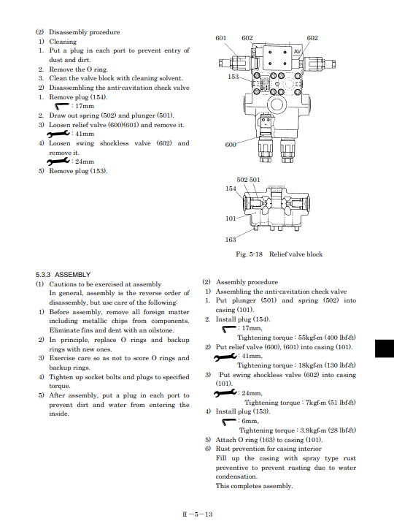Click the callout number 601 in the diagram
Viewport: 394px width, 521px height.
pyautogui.click(x=220, y=38)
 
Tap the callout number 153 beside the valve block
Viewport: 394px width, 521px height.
pyautogui.click(x=233, y=77)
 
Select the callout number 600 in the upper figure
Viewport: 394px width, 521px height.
pyautogui.click(x=231, y=145)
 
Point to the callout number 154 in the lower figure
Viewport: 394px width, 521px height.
pyautogui.click(x=231, y=189)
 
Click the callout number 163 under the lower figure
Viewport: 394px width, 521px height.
pyautogui.click(x=231, y=239)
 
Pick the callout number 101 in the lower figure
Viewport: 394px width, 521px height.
pyautogui.click(x=231, y=218)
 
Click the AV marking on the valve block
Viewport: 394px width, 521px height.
pyautogui.click(x=297, y=51)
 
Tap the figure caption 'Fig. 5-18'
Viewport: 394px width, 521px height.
pyautogui.click(x=249, y=254)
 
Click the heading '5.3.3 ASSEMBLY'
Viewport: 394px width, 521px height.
pyautogui.click(x=63, y=275)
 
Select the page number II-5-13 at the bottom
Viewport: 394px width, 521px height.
pyautogui.click(x=197, y=514)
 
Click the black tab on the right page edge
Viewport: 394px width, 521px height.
pyautogui.click(x=385, y=349)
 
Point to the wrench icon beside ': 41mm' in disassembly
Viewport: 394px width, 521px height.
pyautogui.click(x=58, y=134)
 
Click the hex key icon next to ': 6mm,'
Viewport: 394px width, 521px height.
pyautogui.click(x=229, y=422)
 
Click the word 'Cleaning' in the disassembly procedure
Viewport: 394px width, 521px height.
pyautogui.click(x=63, y=42)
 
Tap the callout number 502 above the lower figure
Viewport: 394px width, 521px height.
pyautogui.click(x=242, y=180)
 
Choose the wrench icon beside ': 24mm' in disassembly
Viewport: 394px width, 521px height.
pyautogui.click(x=58, y=161)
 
